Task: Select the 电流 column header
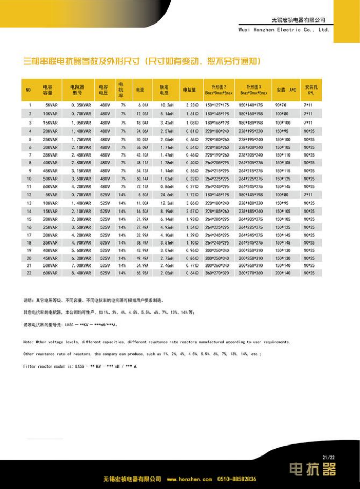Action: click(x=139, y=90)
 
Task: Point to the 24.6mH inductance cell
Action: click(x=167, y=195)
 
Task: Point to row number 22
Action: click(x=29, y=273)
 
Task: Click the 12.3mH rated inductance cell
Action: click(x=167, y=203)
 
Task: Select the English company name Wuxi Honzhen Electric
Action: click(x=283, y=30)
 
